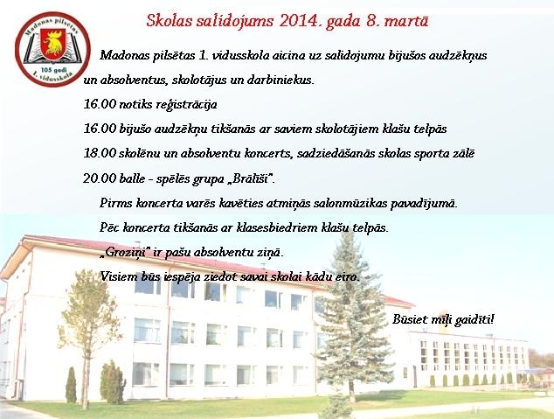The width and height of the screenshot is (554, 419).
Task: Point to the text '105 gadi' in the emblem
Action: [52, 69]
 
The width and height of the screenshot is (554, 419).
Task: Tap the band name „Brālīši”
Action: [251, 178]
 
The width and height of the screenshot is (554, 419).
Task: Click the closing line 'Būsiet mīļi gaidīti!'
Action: [443, 319]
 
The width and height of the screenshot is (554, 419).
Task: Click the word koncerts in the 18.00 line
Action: [260, 153]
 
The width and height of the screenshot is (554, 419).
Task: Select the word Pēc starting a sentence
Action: [109, 227]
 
